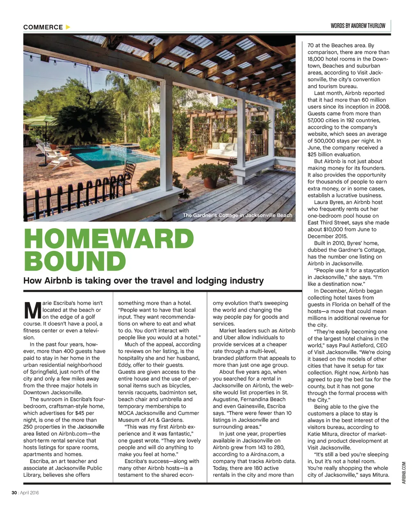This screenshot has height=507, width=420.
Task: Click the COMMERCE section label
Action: tap(43, 27)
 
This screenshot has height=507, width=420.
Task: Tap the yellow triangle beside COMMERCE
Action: tap(68, 27)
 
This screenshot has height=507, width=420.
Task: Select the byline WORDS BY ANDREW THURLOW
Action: tap(358, 25)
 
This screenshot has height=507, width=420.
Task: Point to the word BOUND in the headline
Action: tap(75, 261)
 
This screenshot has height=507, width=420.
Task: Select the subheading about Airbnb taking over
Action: tap(144, 281)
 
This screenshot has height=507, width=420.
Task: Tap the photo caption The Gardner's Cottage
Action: tap(237, 215)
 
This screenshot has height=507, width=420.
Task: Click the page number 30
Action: tap(14, 493)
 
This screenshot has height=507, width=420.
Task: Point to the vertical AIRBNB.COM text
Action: tap(404, 473)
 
